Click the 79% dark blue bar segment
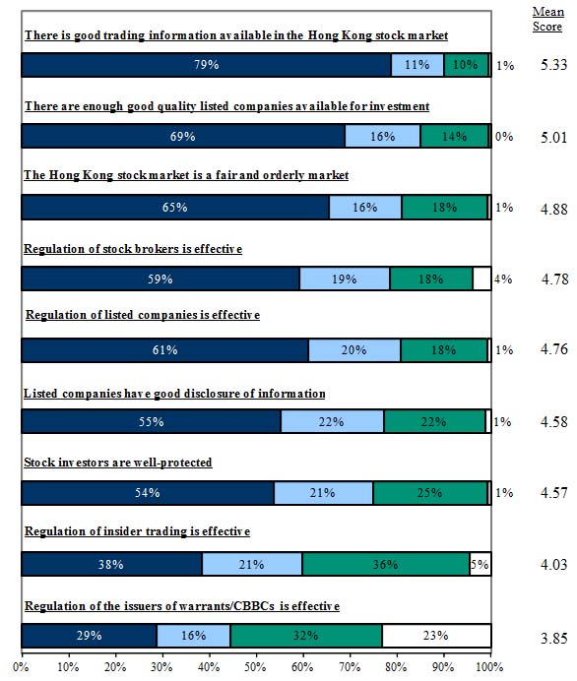(x=207, y=65)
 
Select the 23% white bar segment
(x=436, y=636)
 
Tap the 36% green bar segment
(x=386, y=564)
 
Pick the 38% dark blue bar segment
(x=111, y=564)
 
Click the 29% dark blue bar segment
(x=89, y=636)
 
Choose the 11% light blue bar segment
(x=417, y=65)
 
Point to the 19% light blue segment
(x=345, y=279)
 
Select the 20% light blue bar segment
(x=354, y=350)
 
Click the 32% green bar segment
(x=306, y=636)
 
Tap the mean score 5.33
(x=554, y=65)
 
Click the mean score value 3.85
(x=554, y=639)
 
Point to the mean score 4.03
(x=554, y=565)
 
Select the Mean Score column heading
(x=548, y=19)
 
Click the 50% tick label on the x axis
(x=255, y=667)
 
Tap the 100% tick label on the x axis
(x=490, y=667)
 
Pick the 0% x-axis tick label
(x=21, y=667)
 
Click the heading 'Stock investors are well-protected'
(x=118, y=463)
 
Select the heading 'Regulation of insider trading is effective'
(x=137, y=531)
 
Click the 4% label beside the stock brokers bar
(x=503, y=279)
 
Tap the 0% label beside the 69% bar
(x=504, y=137)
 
